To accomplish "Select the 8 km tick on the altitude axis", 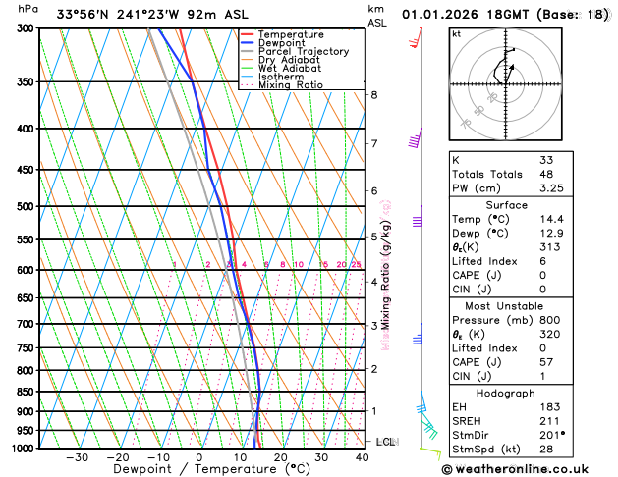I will (x=374, y=94).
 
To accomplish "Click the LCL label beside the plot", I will (x=385, y=442).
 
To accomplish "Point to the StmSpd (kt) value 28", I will (x=546, y=450).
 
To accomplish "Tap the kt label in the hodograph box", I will (x=456, y=33).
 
